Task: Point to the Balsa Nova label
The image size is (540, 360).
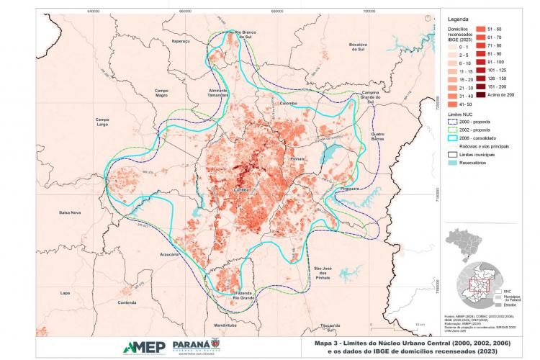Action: [x=71, y=213]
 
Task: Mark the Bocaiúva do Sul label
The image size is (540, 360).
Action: [x=358, y=46]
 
